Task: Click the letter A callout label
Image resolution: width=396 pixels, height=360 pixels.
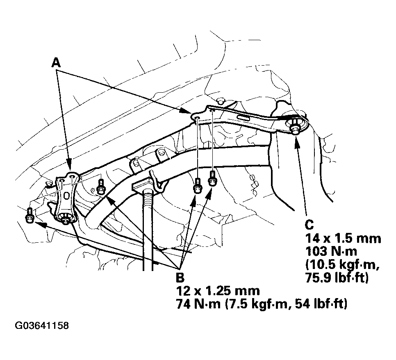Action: click(x=56, y=62)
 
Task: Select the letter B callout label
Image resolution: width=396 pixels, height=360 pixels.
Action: click(x=180, y=278)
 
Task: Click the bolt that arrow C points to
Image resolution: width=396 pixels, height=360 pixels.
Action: click(x=295, y=129)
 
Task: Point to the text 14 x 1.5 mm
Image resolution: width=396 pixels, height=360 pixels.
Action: click(x=343, y=238)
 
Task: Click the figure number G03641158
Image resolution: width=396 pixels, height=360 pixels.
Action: click(x=42, y=326)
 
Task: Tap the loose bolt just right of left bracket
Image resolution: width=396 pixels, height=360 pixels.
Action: click(x=101, y=187)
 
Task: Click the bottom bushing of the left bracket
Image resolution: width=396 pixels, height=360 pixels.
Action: click(x=65, y=218)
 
